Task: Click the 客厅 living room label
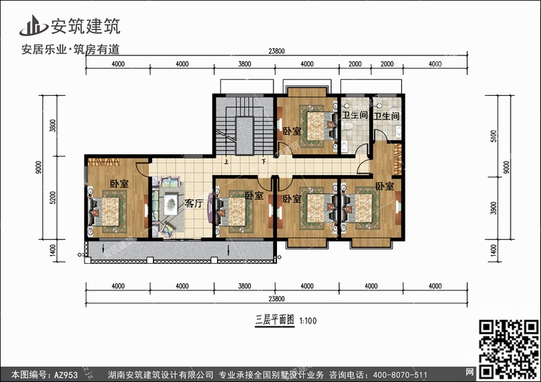point(193,203)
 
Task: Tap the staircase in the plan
point(243,125)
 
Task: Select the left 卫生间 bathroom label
point(355,115)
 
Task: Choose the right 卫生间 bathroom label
point(386,115)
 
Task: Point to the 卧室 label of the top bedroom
point(291,131)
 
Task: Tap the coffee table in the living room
point(171,203)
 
